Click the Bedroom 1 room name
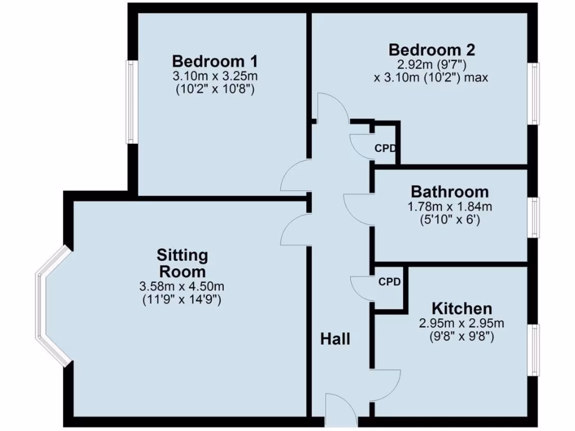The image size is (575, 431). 215,61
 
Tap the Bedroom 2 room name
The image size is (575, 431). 432,49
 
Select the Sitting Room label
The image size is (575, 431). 182,263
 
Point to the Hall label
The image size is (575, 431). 335,339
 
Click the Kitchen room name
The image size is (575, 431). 462,308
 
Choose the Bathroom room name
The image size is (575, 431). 449,192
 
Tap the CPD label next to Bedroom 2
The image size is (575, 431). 386,149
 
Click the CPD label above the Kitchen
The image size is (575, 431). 389,282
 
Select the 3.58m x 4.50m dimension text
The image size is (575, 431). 182,287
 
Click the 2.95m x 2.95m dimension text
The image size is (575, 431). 462,323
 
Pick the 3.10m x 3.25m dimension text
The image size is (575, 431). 215,76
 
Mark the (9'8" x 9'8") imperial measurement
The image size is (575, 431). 462,337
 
